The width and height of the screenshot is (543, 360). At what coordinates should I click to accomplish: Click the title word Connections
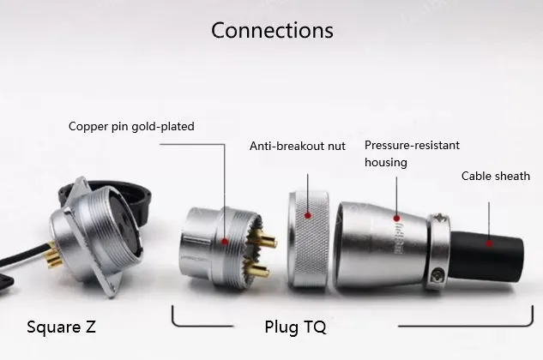coord(272,30)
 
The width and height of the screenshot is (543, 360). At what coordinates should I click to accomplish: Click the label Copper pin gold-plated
coord(131,126)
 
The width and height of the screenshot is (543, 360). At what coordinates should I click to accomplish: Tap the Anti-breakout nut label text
coord(298,147)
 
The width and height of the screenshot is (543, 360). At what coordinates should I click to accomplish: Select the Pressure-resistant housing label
coord(397,153)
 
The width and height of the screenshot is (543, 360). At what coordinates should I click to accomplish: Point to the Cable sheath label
coord(496,177)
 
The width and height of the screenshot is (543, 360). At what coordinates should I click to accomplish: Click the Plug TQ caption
coord(294,327)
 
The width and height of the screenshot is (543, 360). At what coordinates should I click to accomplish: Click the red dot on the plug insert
coord(225,243)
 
